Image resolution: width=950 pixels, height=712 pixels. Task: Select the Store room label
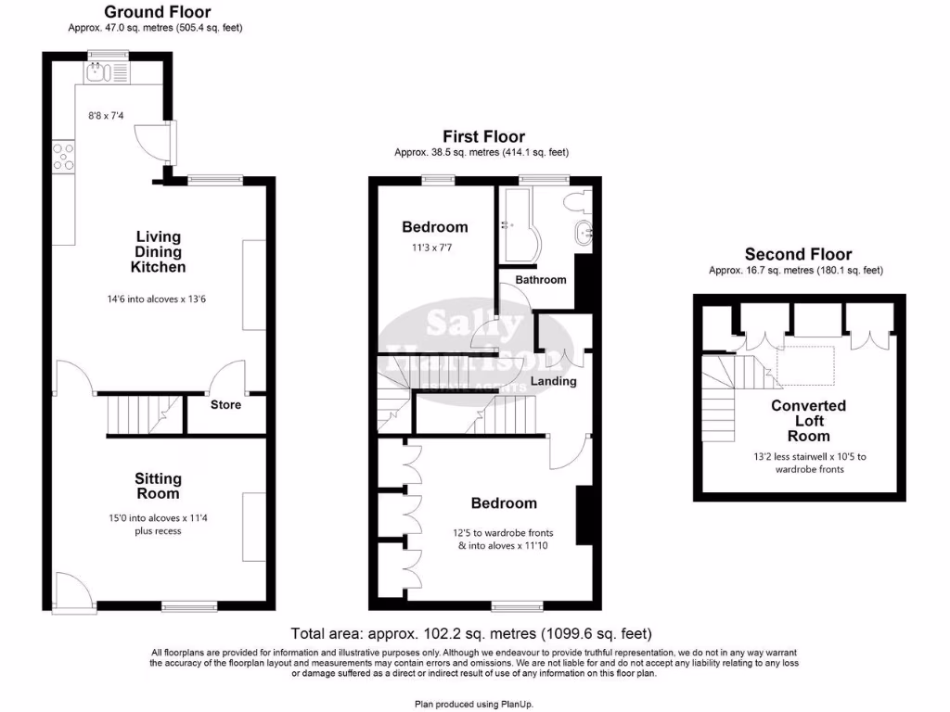225,405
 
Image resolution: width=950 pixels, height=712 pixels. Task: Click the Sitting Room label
158,487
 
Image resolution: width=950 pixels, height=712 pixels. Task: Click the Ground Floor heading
157,12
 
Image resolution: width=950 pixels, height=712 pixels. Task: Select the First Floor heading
483,136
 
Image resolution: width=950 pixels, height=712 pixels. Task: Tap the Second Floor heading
799,254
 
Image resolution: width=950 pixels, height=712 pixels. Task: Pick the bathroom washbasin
584,234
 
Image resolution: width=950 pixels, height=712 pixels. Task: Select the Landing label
553,381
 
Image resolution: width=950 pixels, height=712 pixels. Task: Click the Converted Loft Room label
808,421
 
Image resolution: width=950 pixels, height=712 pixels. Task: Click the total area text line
471,635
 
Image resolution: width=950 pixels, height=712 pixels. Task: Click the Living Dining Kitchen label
158,252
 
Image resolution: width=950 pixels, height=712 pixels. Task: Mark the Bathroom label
540,280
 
